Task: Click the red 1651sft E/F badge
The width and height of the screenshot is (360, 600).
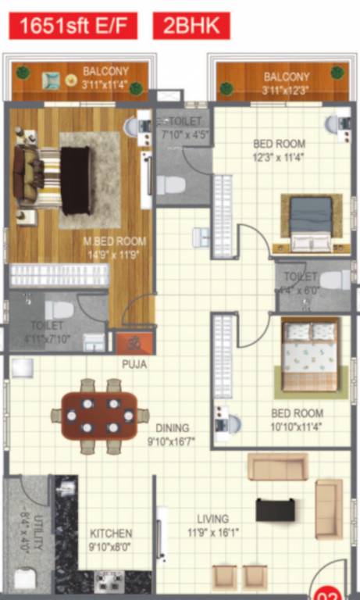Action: pyautogui.click(x=73, y=26)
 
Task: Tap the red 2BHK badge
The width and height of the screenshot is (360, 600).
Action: pyautogui.click(x=191, y=26)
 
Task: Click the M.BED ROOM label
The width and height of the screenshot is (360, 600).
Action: pyautogui.click(x=115, y=241)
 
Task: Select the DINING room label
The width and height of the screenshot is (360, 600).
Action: pyautogui.click(x=172, y=427)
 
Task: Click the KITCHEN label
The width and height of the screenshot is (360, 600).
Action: pyautogui.click(x=110, y=534)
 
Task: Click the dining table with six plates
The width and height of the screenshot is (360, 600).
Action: pyautogui.click(x=99, y=416)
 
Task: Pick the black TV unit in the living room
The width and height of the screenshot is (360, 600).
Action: pyautogui.click(x=276, y=510)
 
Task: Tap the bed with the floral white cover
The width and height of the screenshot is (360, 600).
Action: pyautogui.click(x=309, y=355)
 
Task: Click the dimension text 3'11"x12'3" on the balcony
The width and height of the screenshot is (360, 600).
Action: pyautogui.click(x=287, y=90)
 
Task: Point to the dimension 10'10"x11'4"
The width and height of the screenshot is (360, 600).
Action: pyautogui.click(x=297, y=426)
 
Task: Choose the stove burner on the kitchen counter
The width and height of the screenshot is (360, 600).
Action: pyautogui.click(x=109, y=580)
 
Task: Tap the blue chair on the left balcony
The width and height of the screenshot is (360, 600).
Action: pyautogui.click(x=51, y=80)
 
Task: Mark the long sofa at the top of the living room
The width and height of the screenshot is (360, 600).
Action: pyautogui.click(x=277, y=466)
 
